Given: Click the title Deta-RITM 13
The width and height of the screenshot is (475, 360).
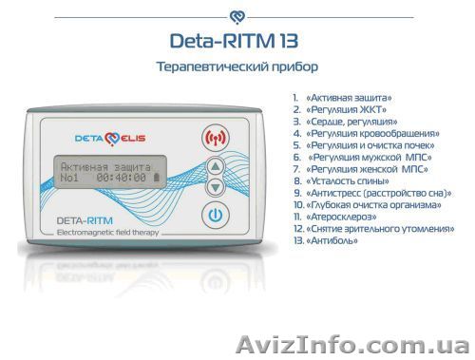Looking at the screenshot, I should click(237, 42).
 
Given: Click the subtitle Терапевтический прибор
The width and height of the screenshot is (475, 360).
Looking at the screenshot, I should click(237, 69).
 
